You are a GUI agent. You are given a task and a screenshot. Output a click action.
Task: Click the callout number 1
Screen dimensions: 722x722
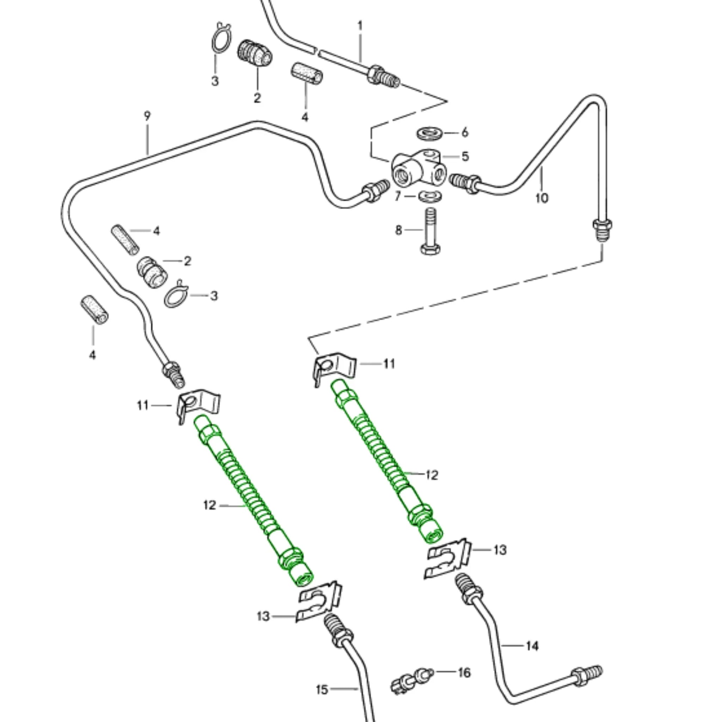360,26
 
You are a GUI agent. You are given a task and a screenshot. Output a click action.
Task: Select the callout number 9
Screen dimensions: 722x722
147,116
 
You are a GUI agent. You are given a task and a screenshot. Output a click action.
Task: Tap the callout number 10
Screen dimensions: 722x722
541,198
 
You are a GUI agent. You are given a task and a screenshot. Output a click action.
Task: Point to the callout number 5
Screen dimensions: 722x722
465,156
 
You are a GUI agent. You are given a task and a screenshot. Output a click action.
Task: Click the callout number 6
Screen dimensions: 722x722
465,132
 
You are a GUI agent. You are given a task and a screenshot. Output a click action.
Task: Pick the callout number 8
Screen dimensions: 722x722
399,230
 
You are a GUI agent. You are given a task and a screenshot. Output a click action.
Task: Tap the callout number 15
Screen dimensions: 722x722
322,690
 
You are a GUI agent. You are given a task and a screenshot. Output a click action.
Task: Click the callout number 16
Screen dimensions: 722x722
464,673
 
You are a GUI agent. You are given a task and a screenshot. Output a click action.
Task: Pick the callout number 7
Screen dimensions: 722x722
398,196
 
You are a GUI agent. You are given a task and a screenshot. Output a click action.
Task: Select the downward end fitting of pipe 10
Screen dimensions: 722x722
602,230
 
